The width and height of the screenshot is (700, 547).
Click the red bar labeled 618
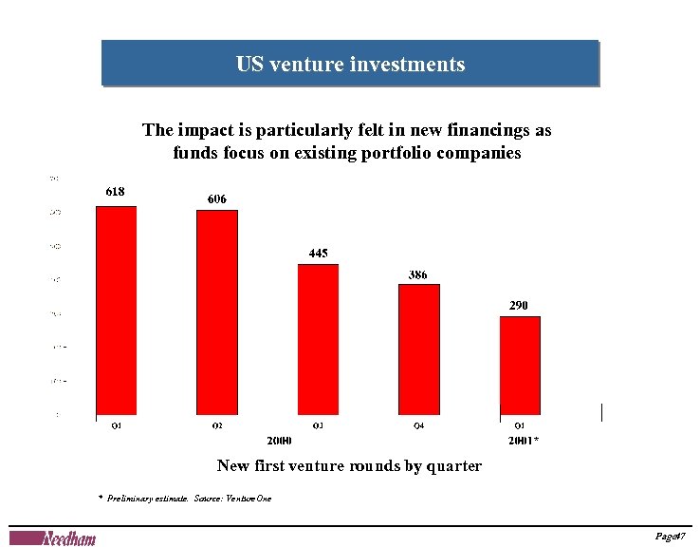tap(116, 311)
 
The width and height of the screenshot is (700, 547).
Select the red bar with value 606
tap(216, 312)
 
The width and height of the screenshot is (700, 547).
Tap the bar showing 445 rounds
tap(318, 339)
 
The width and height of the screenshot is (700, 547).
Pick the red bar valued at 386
tap(418, 349)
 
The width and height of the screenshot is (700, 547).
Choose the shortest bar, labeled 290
tap(520, 365)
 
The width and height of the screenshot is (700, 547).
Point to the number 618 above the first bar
tap(114, 191)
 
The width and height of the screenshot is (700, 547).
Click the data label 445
tap(319, 253)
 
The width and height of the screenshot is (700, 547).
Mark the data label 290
tap(518, 305)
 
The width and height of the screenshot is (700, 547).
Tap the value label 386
tap(417, 274)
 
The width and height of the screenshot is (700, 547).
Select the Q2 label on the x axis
tap(217, 425)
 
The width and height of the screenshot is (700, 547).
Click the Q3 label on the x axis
tap(318, 425)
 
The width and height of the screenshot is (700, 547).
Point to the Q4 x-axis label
tap(418, 425)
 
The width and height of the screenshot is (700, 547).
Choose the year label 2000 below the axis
tap(279, 441)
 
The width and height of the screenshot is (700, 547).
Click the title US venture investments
tap(350, 65)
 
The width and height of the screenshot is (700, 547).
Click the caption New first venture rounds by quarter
tap(349, 466)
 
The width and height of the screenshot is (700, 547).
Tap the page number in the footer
tap(671, 538)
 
